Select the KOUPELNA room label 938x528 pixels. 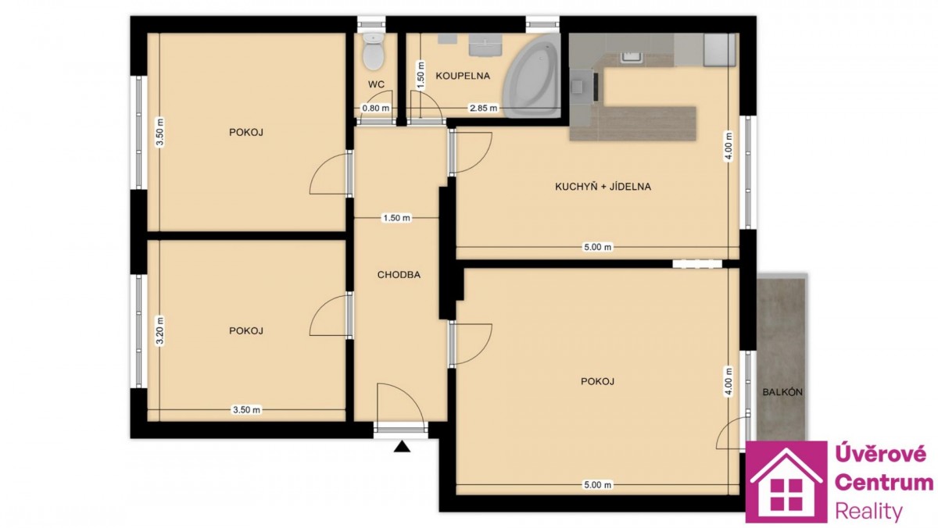pos(463,76)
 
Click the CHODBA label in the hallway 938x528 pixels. pos(399,275)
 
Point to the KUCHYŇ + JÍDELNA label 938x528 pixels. pos(603,187)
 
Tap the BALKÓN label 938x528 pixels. pos(782,392)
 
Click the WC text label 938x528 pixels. pos(376,84)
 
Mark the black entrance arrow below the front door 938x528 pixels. pos(402,447)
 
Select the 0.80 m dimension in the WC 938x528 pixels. pos(376,108)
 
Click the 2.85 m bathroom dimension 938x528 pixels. pos(484,108)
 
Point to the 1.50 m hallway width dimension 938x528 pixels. pos(397,218)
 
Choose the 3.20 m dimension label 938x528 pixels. pos(159,331)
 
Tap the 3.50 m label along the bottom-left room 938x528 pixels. pos(247,409)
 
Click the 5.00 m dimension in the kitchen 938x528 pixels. pos(597,247)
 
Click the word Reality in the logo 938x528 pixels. pos(869,512)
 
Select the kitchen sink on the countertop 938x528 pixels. pos(631,57)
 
